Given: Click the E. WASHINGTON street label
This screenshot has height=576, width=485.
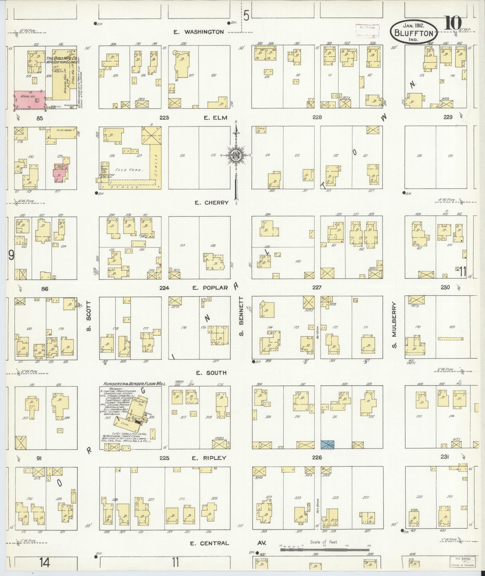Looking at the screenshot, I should tap(199, 32).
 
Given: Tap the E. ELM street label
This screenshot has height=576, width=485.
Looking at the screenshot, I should tap(215, 118).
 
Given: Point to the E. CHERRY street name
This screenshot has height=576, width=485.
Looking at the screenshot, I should tap(211, 203).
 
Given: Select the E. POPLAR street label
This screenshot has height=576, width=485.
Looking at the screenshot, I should tap(210, 288).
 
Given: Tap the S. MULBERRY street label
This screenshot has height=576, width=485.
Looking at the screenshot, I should tap(394, 325).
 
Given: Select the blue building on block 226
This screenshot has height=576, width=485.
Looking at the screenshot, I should tap(328, 444).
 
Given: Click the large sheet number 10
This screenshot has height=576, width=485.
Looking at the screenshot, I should tap(453, 23).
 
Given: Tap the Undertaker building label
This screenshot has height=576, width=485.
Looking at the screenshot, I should tap(62, 130).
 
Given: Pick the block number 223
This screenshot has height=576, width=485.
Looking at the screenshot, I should tap(164, 118).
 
